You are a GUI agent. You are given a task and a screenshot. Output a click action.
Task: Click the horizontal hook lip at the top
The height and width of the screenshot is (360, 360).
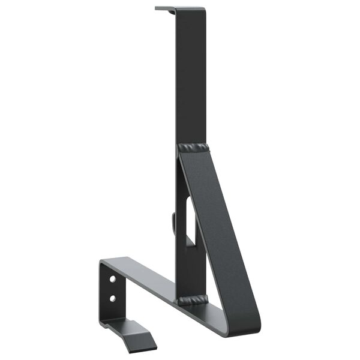[x=166, y=9]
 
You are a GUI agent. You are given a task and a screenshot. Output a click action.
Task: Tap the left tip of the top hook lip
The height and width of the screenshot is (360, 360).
[x=156, y=8]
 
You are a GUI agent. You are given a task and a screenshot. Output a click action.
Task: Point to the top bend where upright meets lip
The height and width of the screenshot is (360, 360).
[x=176, y=10]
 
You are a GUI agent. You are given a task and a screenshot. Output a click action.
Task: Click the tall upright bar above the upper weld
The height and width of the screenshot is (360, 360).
[x=191, y=78]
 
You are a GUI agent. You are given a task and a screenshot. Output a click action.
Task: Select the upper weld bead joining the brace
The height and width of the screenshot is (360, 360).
[x=193, y=147]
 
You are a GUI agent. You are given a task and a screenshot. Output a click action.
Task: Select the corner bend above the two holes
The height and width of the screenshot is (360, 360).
[x=106, y=262]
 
